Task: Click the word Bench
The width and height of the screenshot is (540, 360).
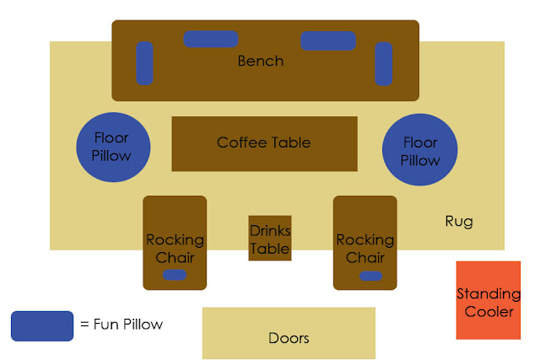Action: pos(261,61)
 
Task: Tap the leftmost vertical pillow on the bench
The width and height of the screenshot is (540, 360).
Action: pos(144,63)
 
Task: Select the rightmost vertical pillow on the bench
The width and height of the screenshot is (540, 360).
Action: pos(384,64)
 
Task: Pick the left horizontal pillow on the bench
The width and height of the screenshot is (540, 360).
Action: pos(211,39)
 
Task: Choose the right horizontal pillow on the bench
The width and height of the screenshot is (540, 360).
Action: pos(328,40)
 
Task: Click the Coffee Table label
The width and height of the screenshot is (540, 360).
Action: pos(264,142)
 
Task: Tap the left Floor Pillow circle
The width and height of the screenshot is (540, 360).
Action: pos(113,147)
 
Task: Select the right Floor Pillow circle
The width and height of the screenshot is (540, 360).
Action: pos(420,150)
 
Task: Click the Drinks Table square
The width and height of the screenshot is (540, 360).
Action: pos(270,238)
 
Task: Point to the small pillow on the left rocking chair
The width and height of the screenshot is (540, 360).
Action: pos(175,275)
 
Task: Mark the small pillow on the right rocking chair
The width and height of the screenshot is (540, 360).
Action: pos(370,276)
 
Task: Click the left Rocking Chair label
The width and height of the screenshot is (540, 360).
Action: pos(175,249)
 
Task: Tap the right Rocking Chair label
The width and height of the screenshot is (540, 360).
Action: pos(365,249)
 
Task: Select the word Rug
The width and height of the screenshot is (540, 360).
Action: pos(459,222)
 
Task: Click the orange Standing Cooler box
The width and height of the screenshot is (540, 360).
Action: pos(489,300)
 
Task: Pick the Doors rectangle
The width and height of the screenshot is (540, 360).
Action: pos(289,333)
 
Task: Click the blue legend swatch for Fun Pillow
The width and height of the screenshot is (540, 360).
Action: pos(42,326)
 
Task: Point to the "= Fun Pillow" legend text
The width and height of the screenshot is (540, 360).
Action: pos(121,325)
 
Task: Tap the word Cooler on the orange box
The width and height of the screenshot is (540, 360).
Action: pos(489,312)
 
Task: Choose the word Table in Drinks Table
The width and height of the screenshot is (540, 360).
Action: pos(270,249)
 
